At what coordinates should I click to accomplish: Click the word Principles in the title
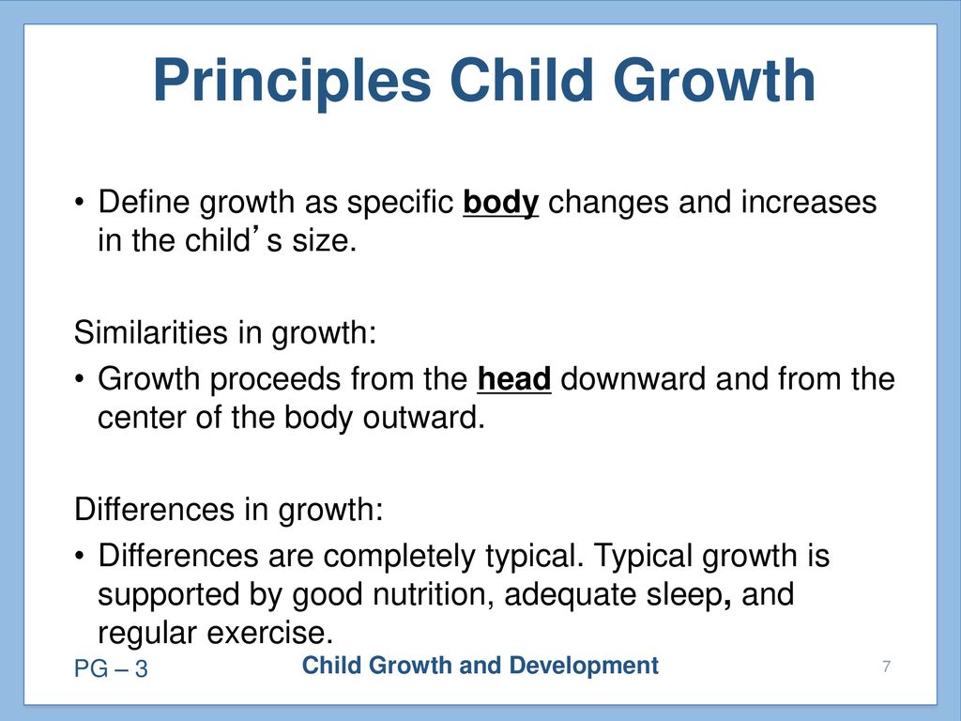pos(293,83)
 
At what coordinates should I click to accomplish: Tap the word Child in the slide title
pos(522,80)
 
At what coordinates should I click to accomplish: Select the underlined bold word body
pos(501,204)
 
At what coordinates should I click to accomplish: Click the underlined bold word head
pos(514,378)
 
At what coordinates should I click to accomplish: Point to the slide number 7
pos(886,667)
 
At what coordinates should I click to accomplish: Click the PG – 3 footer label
pos(111,668)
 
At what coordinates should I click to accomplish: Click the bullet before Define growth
pos(79,203)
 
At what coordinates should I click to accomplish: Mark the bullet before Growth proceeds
pos(79,379)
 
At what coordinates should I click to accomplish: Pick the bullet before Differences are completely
pos(79,556)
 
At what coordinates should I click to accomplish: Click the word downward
pos(633,378)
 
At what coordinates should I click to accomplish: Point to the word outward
pos(423,418)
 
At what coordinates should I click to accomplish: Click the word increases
pos(809,203)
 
